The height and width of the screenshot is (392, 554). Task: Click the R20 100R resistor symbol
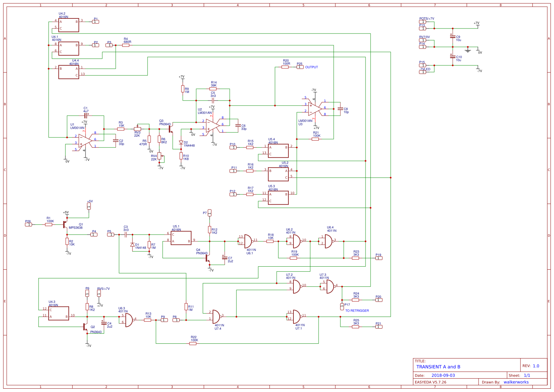(x=285, y=67)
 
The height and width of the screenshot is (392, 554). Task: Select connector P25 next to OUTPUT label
(x=300, y=67)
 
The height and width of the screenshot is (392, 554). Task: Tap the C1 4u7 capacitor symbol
(x=86, y=115)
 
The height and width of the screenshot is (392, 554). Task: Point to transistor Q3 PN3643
(x=170, y=129)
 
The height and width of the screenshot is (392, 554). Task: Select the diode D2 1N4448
(x=181, y=142)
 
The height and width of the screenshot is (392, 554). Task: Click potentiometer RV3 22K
(x=137, y=129)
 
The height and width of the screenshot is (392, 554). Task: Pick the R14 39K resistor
(x=213, y=89)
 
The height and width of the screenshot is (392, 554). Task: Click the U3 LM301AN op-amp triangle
(x=315, y=109)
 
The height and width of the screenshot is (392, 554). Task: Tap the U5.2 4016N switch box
(x=278, y=174)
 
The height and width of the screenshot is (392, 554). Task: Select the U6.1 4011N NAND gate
(x=248, y=241)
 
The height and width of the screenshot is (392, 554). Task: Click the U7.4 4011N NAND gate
(x=217, y=316)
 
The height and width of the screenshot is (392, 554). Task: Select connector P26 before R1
(x=29, y=224)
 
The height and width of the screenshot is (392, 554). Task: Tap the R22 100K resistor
(x=193, y=343)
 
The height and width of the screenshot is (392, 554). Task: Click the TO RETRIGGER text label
(x=357, y=311)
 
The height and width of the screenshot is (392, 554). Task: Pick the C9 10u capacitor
(x=452, y=36)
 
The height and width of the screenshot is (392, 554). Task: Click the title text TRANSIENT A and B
(x=438, y=367)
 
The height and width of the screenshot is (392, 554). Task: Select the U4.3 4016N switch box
(x=59, y=313)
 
